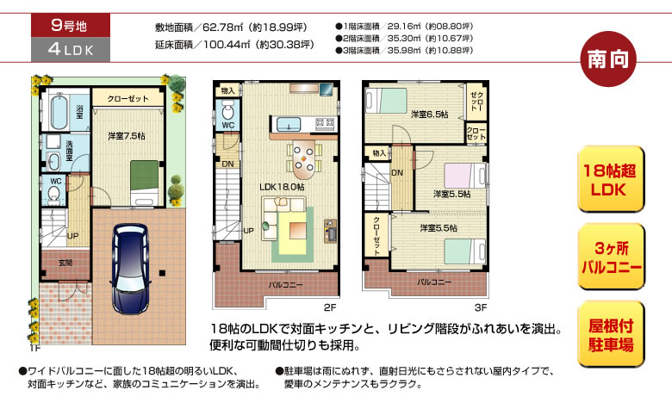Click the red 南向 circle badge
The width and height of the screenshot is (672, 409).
(608, 59)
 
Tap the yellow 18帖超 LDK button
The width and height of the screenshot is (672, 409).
(611, 179)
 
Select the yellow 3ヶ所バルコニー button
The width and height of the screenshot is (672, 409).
(611, 257)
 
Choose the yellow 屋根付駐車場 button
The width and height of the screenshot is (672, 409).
(611, 334)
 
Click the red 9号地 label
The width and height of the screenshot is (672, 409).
(71, 25)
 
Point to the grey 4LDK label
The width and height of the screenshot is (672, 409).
(71, 49)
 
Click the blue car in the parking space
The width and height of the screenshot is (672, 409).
(130, 269)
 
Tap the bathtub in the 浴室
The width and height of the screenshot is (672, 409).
(59, 112)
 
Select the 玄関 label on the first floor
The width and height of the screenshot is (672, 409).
(65, 263)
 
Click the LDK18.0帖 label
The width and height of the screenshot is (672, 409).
(282, 187)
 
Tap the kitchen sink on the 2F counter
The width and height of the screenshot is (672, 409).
(289, 124)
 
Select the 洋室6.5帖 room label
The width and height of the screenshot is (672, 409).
(429, 114)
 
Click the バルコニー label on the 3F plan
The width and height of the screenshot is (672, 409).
(434, 282)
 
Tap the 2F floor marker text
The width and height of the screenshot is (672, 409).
(330, 307)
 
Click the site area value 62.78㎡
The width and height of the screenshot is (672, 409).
(223, 28)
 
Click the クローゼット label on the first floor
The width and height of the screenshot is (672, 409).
(128, 99)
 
